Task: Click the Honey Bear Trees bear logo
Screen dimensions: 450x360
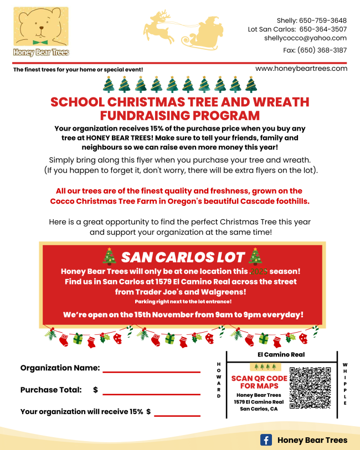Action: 40,31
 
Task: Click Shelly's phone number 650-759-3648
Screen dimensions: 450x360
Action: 323,20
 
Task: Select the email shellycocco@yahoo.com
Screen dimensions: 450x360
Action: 305,38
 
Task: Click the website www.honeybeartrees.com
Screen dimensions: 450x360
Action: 301,69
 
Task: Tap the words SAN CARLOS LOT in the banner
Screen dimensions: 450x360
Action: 183,257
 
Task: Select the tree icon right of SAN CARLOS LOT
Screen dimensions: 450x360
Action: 256,256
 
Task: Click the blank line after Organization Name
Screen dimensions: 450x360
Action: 151,371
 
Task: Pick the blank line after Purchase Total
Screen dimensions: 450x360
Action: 151,394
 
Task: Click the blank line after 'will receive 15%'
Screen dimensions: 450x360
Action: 177,415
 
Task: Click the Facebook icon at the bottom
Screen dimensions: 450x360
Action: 266,440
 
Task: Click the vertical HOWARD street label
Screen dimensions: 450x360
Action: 219,380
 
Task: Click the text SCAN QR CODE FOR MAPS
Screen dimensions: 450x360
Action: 259,382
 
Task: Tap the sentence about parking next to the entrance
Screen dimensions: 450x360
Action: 183,302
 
